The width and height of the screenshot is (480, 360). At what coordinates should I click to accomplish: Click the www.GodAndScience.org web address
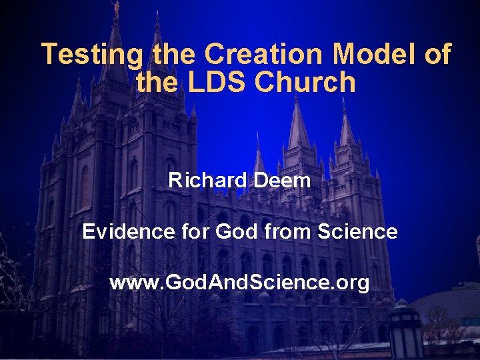pyautogui.click(x=239, y=283)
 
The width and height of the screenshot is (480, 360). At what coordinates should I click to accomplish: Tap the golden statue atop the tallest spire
pyautogui.click(x=115, y=8)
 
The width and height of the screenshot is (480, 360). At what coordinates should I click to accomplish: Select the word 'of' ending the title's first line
pyautogui.click(x=437, y=54)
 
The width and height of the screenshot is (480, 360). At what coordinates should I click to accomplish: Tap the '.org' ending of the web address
pyautogui.click(x=352, y=283)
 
